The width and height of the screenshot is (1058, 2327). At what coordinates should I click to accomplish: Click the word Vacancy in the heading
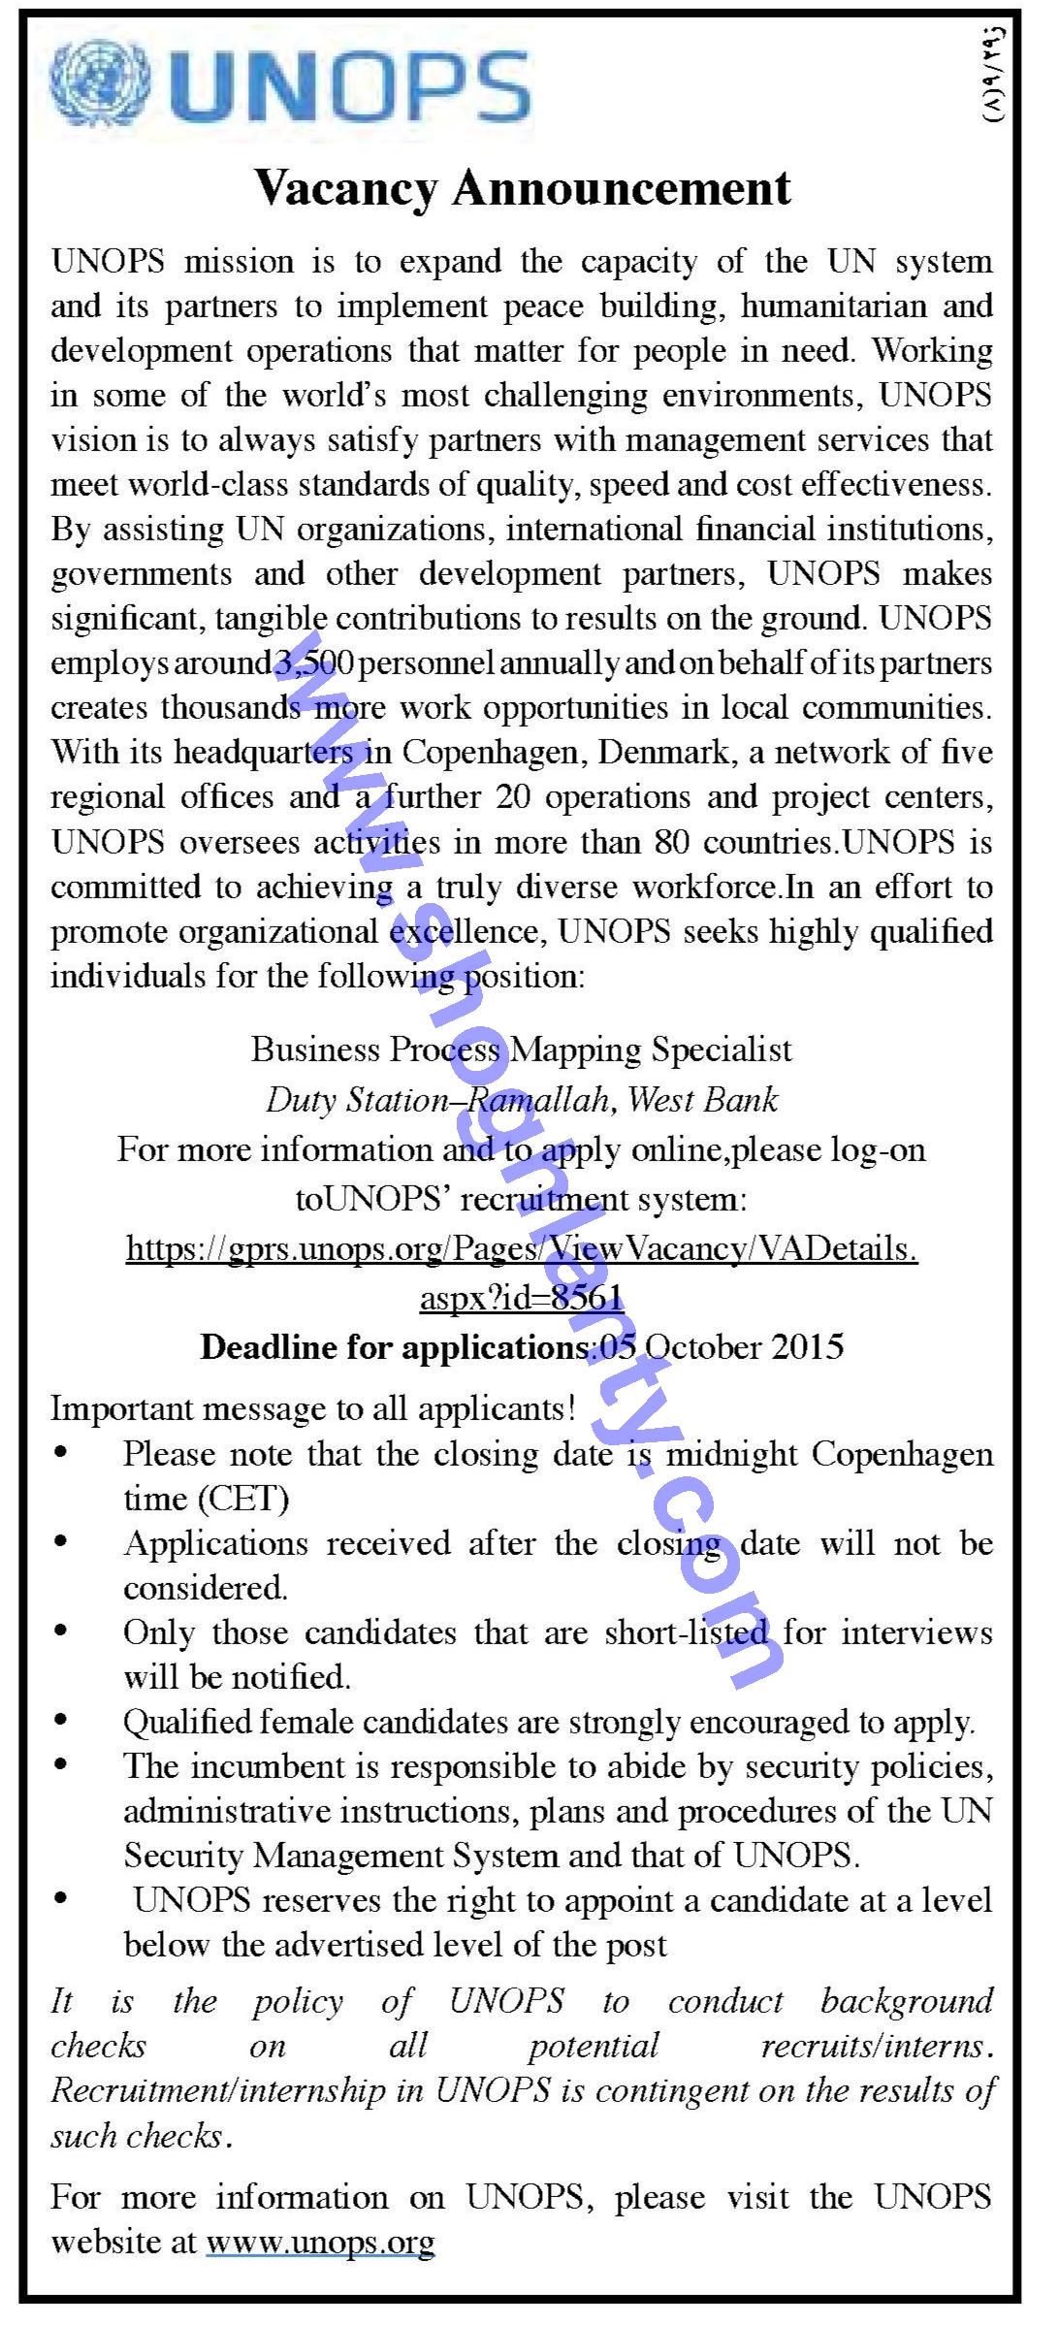pyautogui.click(x=346, y=188)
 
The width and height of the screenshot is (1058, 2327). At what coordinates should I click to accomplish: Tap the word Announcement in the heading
pyautogui.click(x=622, y=188)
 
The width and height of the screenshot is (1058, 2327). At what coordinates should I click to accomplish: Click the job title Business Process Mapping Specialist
pyautogui.click(x=522, y=1050)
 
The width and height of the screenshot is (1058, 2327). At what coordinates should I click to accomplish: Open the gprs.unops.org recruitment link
pyautogui.click(x=522, y=1249)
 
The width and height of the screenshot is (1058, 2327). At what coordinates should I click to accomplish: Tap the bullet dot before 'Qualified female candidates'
pyautogui.click(x=62, y=1722)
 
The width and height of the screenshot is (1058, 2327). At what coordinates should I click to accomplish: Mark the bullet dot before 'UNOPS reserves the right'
pyautogui.click(x=62, y=1900)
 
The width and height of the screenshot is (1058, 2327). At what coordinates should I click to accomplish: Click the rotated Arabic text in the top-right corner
pyautogui.click(x=996, y=76)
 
